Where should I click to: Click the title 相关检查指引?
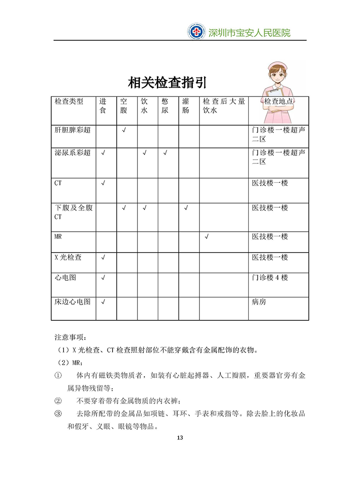tap(167, 83)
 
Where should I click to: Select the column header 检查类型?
tap(69, 101)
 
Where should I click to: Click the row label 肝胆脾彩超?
tap(72, 130)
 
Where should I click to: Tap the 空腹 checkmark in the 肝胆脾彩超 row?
tap(124, 130)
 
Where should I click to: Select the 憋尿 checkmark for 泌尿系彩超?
tap(165, 153)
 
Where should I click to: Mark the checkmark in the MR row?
tap(207, 237)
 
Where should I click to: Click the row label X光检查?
tap(68, 257)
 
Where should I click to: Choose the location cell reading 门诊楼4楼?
tap(270, 278)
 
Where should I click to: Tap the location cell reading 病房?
tap(259, 302)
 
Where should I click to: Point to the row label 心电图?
tap(65, 278)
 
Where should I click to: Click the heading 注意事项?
tap(69, 337)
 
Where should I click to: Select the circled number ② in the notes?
tap(58, 400)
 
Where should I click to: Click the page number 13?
tap(180, 438)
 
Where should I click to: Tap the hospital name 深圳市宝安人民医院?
tap(249, 33)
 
